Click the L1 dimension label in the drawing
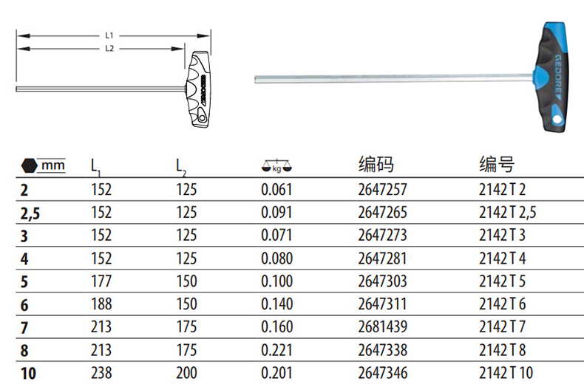coord(109,35)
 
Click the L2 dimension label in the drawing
coord(109,49)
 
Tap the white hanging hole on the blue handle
coord(557,119)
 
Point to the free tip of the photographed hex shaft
coord(256,79)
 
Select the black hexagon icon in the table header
coord(29,165)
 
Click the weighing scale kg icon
coord(276,166)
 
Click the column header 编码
coord(376,164)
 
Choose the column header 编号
coord(497,164)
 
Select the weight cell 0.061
coord(276,190)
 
